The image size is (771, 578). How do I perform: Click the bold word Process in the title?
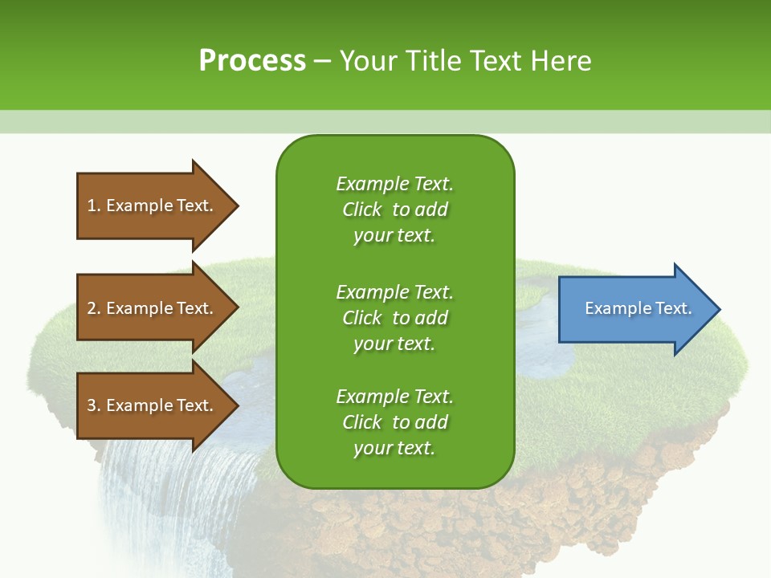(252, 60)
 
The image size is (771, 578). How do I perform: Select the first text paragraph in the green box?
(394, 210)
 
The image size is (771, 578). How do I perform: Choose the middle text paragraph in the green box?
(394, 318)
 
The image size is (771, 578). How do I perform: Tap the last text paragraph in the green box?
(394, 422)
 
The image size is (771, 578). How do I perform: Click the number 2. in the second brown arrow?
(94, 308)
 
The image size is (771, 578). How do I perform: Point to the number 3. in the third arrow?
(94, 405)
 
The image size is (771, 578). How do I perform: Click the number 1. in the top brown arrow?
(93, 206)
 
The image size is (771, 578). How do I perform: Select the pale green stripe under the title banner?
(385, 121)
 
